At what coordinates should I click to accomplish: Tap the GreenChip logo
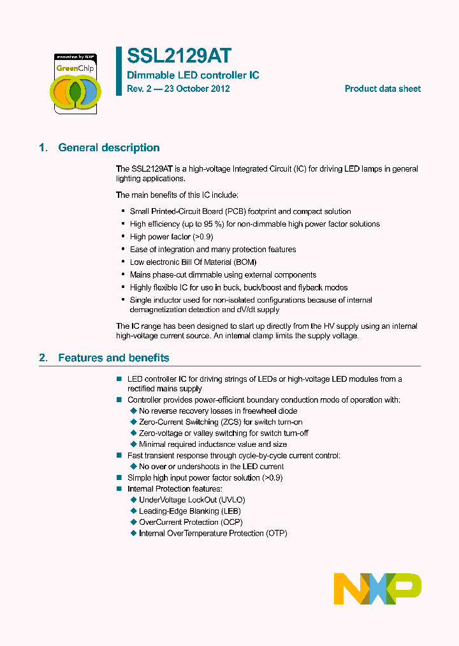[x=75, y=84]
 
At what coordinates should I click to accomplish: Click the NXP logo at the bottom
[x=377, y=589]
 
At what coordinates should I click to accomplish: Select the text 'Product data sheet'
[x=382, y=89]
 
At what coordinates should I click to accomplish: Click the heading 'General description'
[x=109, y=148]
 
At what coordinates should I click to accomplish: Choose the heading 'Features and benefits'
[x=113, y=358]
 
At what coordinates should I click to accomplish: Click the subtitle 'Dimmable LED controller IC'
[x=193, y=75]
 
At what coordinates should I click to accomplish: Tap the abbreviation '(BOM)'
[x=245, y=262]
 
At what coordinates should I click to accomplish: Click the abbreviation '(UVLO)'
[x=232, y=500]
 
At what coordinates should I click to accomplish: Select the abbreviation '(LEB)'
[x=230, y=511]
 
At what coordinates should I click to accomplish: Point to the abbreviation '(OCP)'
[x=231, y=522]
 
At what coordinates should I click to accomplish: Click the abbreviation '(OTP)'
[x=275, y=533]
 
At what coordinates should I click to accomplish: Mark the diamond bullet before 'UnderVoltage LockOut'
[x=134, y=500]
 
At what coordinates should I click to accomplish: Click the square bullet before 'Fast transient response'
[x=119, y=455]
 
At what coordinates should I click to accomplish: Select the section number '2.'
[x=43, y=358]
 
